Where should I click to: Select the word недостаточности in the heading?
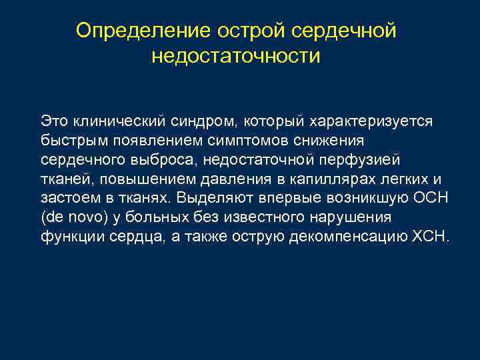(236, 55)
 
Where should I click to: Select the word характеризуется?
(371, 121)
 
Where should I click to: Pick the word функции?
(69, 237)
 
